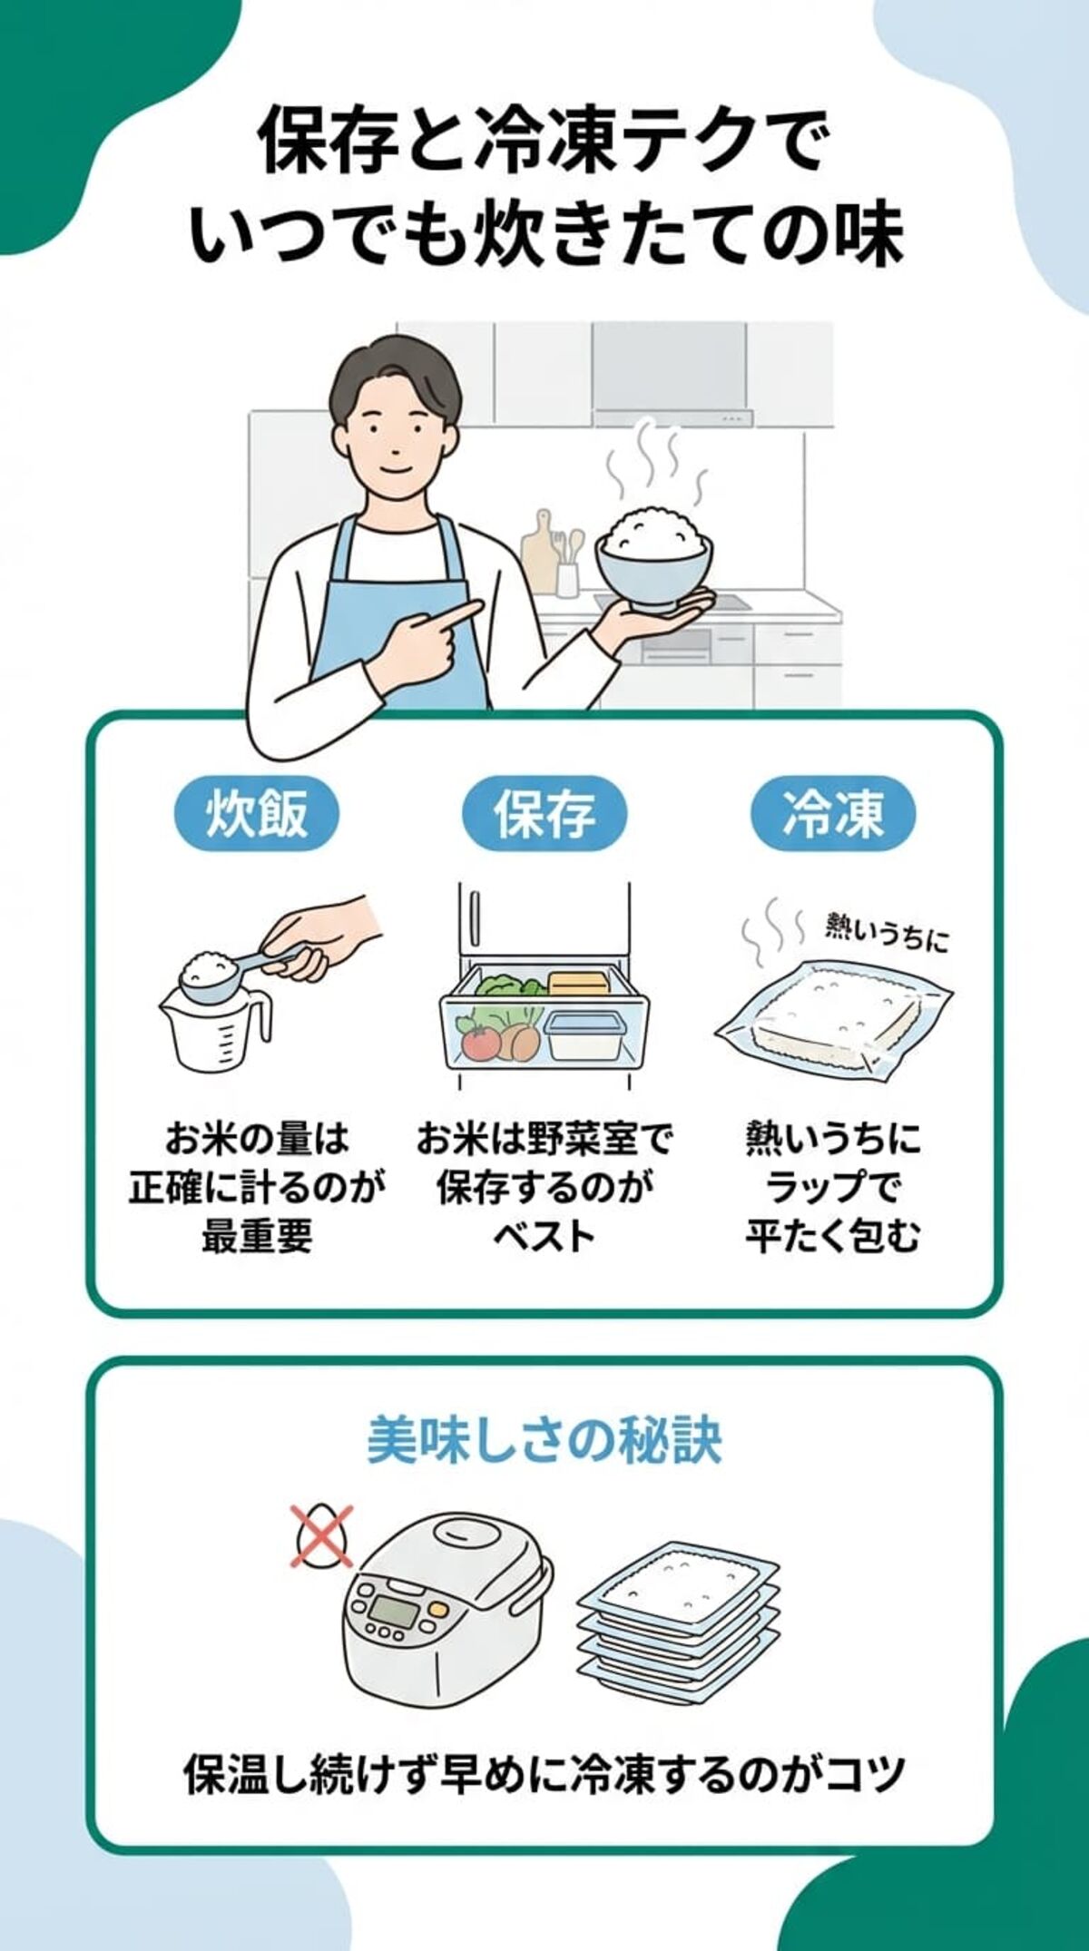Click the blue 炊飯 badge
tap(257, 812)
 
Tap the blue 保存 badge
tap(544, 812)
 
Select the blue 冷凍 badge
tap(832, 812)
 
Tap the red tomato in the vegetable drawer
tap(481, 1042)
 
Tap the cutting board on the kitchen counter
tap(537, 549)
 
